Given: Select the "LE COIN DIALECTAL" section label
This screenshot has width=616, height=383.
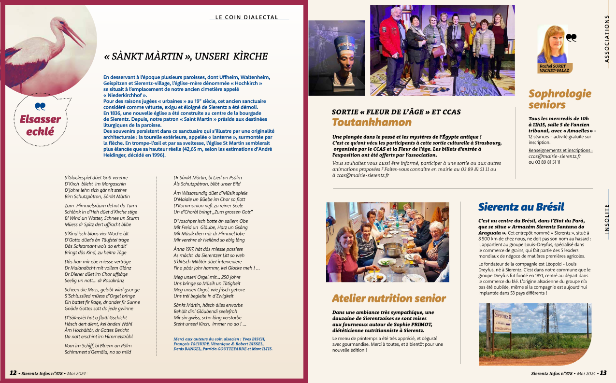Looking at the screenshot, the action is point(246,17).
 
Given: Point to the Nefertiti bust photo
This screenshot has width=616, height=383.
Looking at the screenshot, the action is point(336,58).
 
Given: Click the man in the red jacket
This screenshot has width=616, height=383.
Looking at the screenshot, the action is point(392,43).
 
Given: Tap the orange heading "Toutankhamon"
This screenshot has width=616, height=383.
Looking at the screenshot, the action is point(372,122).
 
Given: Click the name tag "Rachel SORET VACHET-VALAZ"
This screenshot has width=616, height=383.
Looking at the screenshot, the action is point(555,68).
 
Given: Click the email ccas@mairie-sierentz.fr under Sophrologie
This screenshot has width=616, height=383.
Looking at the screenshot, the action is point(555,156).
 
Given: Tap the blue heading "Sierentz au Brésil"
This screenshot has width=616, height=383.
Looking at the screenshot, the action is point(521,207).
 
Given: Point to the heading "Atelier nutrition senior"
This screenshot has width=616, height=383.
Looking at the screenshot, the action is point(388,298).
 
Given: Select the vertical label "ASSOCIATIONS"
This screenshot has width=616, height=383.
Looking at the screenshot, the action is point(607,39).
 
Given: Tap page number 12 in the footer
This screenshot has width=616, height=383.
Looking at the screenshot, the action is point(14,373).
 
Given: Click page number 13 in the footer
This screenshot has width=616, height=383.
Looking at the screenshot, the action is point(603,373).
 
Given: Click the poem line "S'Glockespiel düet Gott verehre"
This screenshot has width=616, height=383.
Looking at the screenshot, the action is point(96,178).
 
